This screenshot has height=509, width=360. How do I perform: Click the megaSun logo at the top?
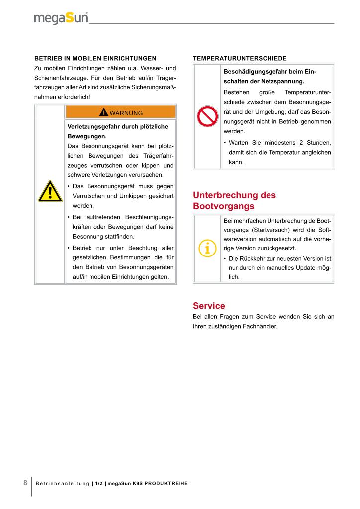tap(61, 18)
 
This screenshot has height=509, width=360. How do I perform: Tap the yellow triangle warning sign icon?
tap(50, 191)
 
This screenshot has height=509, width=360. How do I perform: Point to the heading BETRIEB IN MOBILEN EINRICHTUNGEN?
tap(95, 58)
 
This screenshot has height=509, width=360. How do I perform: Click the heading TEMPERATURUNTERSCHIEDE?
tap(240, 58)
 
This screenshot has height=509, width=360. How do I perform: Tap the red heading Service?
tap(209, 306)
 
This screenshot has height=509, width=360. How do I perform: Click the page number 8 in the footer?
tap(25, 483)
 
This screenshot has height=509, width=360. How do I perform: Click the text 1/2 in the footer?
tap(99, 484)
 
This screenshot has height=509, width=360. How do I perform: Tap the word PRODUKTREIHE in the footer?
tap(167, 484)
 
